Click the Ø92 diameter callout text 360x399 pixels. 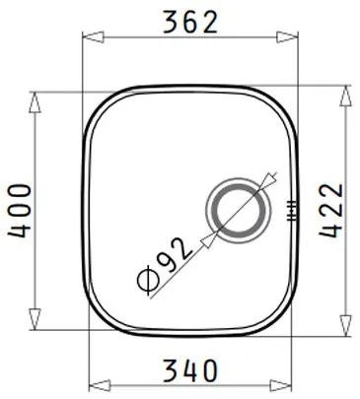tap(162, 265)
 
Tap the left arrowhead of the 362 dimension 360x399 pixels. tap(86, 36)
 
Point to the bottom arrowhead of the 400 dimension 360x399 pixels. tap(36, 324)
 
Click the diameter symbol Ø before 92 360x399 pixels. tap(144, 280)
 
